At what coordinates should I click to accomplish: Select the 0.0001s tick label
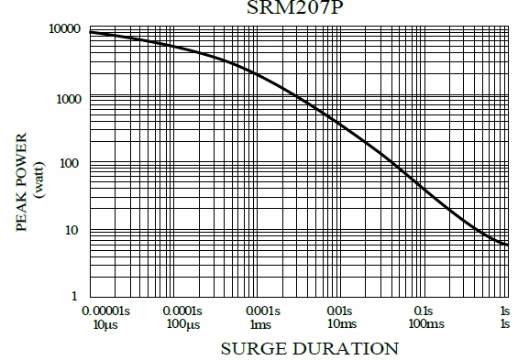183,311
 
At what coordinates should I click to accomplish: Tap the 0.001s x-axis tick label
261,311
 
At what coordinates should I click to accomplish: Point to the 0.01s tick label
340,311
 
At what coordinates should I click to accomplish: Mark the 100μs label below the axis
183,325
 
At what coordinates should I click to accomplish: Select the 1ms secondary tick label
261,325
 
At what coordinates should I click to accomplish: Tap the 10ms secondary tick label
340,325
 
